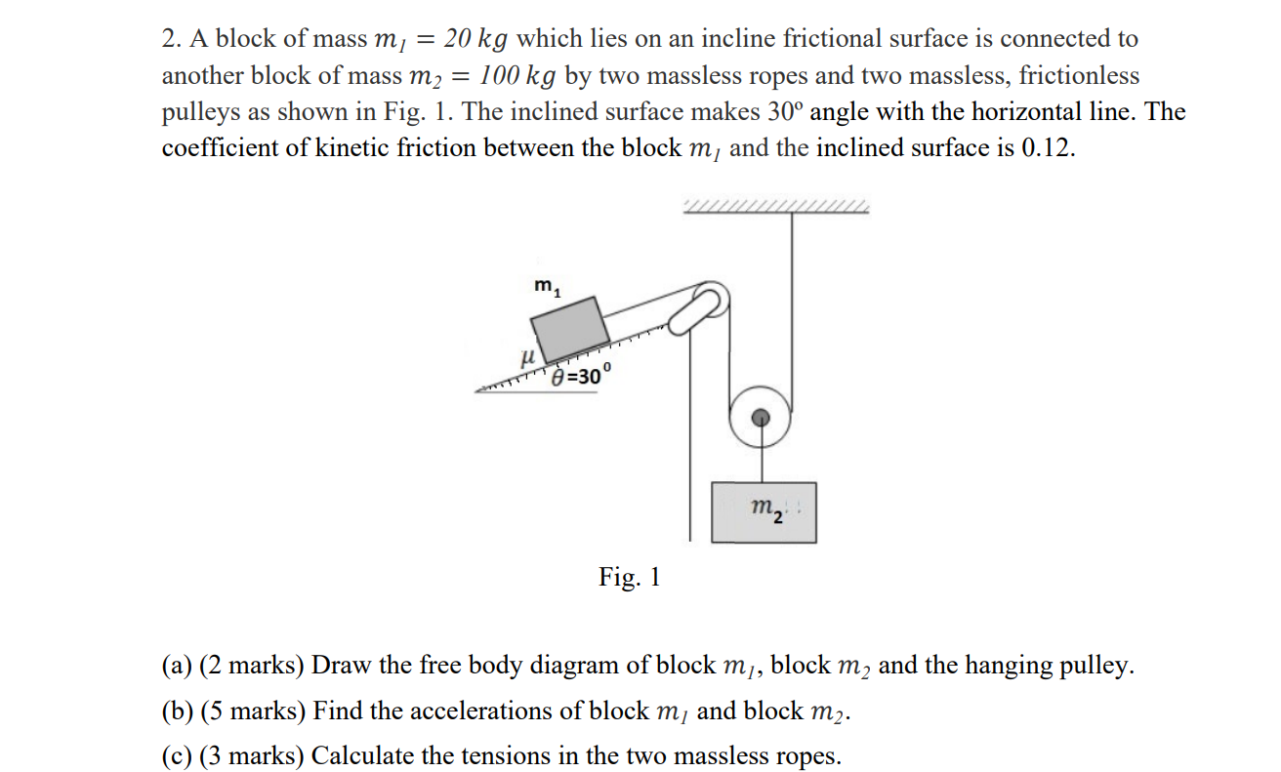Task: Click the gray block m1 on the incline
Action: pyautogui.click(x=571, y=329)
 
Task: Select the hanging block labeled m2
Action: pyautogui.click(x=764, y=511)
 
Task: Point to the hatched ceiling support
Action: pyautogui.click(x=777, y=206)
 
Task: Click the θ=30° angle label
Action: pyautogui.click(x=580, y=377)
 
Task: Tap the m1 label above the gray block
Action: pyautogui.click(x=548, y=286)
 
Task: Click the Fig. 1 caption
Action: pyautogui.click(x=630, y=577)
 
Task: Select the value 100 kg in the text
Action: pyautogui.click(x=517, y=75)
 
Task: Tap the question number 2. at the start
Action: pyautogui.click(x=172, y=39)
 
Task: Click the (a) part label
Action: pyautogui.click(x=176, y=666)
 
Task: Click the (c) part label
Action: pyautogui.click(x=176, y=755)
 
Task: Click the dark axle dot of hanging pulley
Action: pyautogui.click(x=762, y=417)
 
